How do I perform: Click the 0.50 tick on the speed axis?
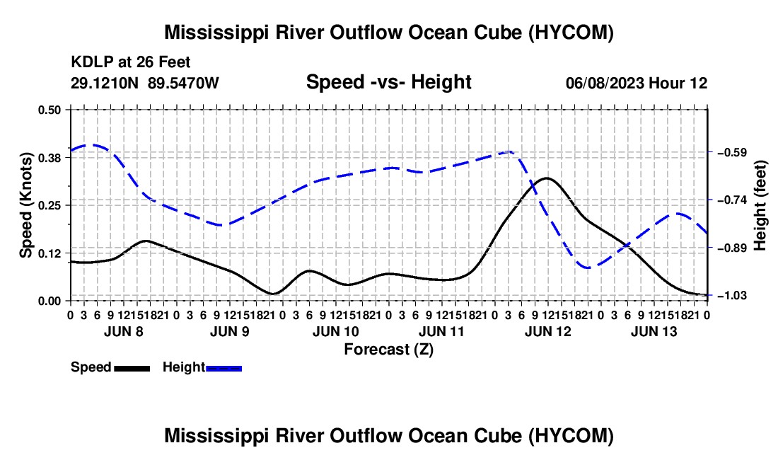(x=49, y=110)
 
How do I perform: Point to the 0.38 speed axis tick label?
(x=49, y=158)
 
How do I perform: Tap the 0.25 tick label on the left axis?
(x=49, y=205)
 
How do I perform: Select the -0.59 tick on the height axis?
(x=732, y=152)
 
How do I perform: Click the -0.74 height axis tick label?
(x=732, y=200)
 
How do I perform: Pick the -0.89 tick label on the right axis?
(x=732, y=248)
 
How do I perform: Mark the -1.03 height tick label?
(x=732, y=296)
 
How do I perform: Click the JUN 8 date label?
(x=124, y=331)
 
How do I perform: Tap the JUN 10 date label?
(x=335, y=331)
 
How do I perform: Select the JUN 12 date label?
(x=547, y=331)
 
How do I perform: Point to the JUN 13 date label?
(x=654, y=331)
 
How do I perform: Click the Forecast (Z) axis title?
(x=389, y=350)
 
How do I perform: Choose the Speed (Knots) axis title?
(x=26, y=205)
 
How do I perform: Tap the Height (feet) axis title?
(x=760, y=205)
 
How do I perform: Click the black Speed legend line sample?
(x=132, y=369)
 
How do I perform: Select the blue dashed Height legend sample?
(x=223, y=369)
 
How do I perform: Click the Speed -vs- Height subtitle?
(x=388, y=82)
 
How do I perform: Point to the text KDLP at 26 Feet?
(x=131, y=62)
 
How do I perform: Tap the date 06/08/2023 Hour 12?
(x=637, y=83)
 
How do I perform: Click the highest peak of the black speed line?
(x=547, y=178)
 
